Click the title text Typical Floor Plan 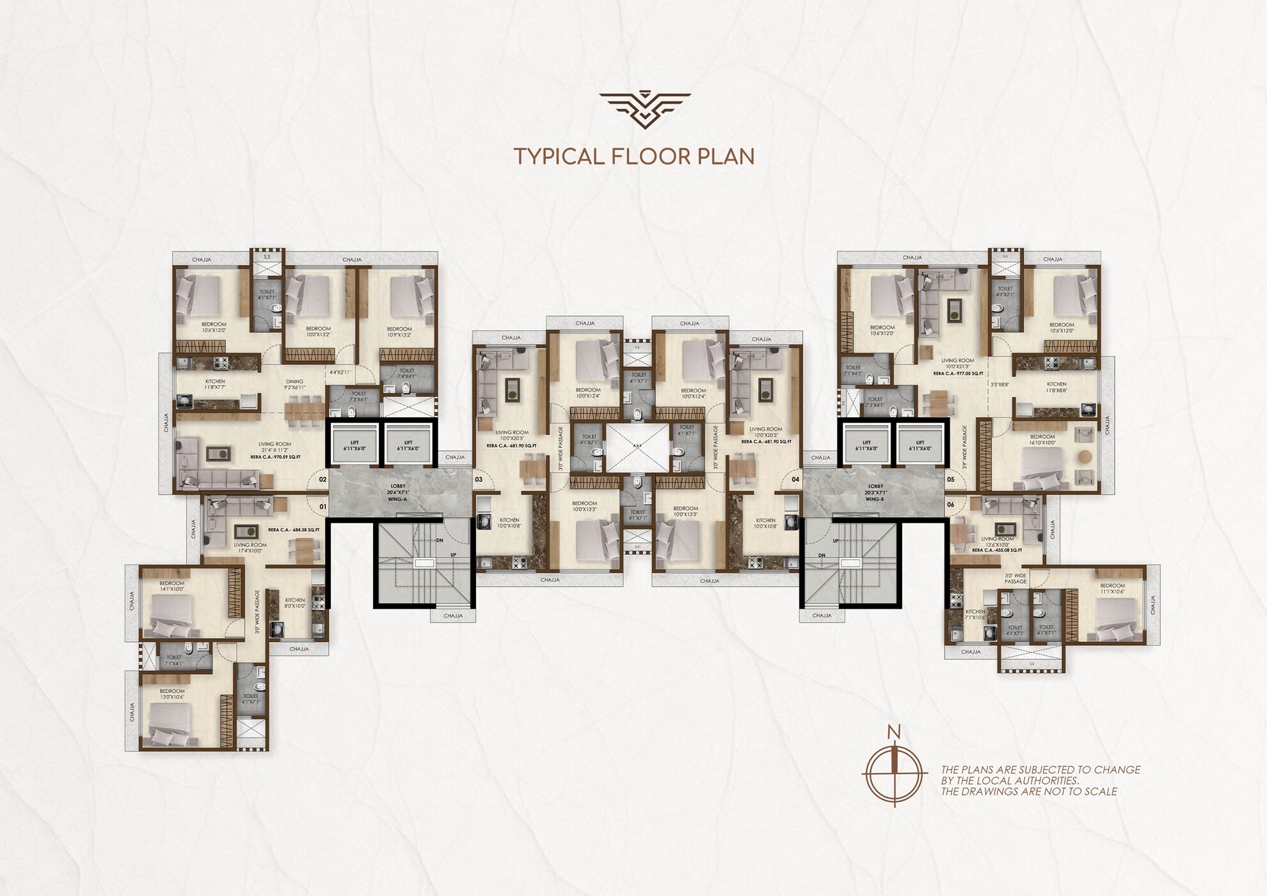pos(634,157)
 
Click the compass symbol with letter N pos(895,771)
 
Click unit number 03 pos(478,479)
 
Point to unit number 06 pos(950,504)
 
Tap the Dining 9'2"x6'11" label pos(294,385)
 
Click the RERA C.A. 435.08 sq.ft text pos(997,550)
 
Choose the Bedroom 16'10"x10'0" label pos(1042,440)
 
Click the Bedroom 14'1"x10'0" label pos(171,586)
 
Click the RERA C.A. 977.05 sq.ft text pos(957,373)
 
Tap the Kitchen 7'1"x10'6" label pos(975,615)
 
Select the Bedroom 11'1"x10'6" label pos(1112,589)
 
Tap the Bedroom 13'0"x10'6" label pos(171,694)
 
